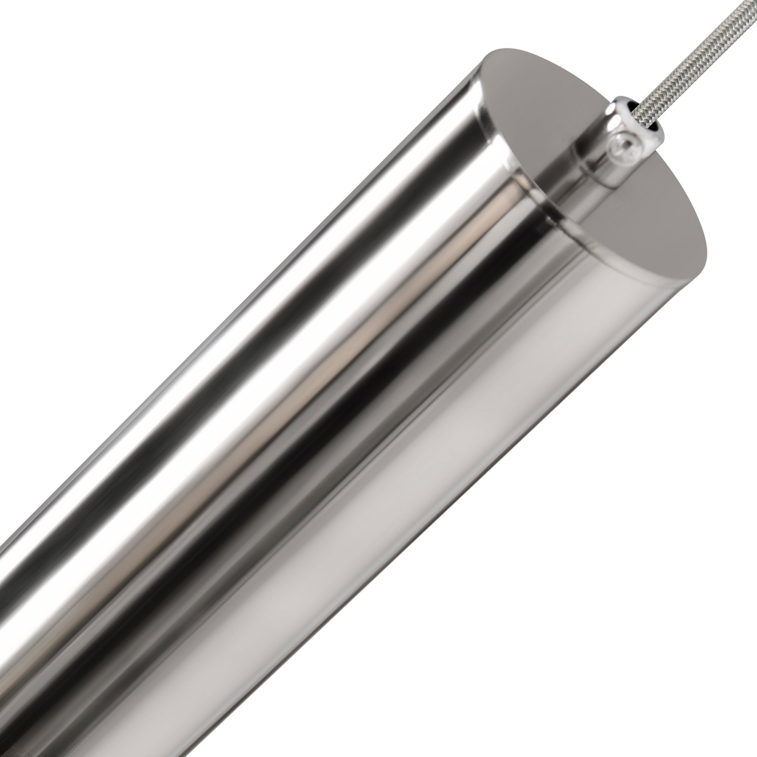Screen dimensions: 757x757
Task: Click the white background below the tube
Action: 588,588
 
